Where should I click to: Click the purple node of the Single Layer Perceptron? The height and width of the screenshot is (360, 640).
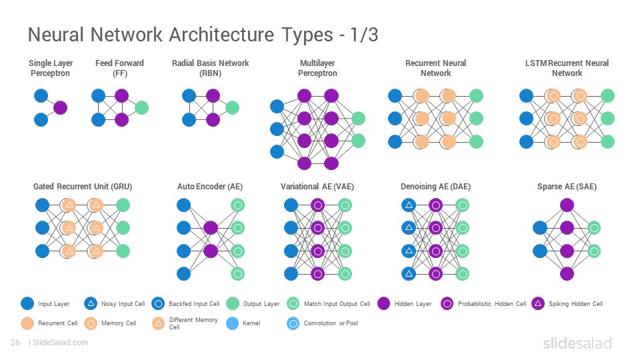60,108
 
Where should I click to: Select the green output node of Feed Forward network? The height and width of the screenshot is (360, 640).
141,108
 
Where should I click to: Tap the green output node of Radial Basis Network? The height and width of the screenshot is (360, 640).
232,108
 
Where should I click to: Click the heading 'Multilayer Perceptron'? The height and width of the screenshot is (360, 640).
317,68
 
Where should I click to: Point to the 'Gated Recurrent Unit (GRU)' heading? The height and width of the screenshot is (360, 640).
83,187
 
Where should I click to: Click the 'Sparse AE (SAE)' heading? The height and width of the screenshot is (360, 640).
567,187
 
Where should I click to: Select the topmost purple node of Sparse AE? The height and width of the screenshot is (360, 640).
567,205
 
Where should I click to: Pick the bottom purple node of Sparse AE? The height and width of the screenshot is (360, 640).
567,273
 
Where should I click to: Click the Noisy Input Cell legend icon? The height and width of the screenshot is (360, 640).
91,304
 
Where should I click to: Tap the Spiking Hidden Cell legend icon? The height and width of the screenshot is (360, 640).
538,304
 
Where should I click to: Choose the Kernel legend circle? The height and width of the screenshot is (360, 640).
232,323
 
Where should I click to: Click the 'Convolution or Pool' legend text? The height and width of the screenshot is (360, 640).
331,323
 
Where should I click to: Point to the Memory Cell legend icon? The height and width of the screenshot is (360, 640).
91,323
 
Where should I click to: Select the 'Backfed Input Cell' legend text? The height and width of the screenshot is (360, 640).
194,304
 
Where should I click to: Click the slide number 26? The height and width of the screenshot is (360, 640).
15,343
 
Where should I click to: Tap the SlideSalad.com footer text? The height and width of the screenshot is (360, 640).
60,343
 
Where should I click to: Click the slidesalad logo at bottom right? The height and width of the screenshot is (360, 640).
577,343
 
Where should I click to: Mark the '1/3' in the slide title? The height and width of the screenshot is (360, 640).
364,35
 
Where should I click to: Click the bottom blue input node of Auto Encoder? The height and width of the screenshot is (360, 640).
184,273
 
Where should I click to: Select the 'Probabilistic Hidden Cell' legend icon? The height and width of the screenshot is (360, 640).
447,304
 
